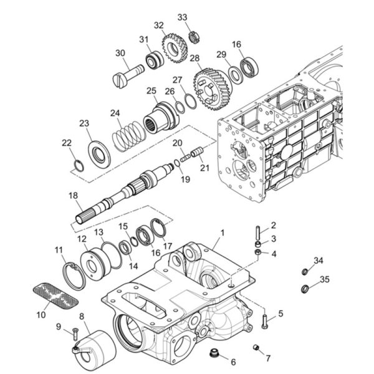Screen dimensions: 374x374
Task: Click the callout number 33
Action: tap(183, 17)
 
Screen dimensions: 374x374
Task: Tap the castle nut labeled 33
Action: tap(193, 37)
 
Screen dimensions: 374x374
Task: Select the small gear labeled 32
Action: tap(175, 48)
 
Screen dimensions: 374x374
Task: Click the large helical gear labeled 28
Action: tap(212, 89)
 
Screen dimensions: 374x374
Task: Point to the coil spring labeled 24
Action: tap(129, 136)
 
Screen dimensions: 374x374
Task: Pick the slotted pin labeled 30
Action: tap(128, 76)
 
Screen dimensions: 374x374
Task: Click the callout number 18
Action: tap(73, 195)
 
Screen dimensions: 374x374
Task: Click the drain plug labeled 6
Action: tap(214, 352)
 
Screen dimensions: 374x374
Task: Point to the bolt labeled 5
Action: tap(265, 322)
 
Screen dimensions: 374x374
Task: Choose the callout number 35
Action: tap(325, 279)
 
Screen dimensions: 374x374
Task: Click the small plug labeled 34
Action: tap(305, 271)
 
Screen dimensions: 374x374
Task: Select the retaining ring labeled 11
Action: tap(75, 276)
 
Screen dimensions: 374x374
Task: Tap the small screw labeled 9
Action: tap(75, 333)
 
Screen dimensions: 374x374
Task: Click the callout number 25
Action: tap(151, 91)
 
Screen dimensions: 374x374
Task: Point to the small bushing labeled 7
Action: tap(256, 347)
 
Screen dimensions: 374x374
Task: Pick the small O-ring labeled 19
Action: tap(177, 163)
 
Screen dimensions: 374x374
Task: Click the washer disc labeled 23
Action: tap(99, 155)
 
